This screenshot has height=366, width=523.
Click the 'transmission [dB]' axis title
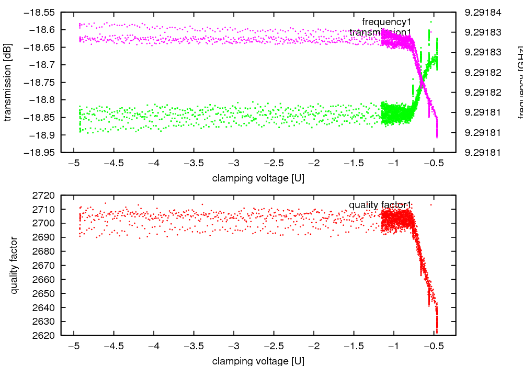tap(7, 82)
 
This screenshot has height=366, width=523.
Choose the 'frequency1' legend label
tap(386, 22)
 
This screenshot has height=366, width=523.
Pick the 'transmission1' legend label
tap(380, 33)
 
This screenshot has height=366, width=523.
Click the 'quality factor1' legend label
tap(380, 204)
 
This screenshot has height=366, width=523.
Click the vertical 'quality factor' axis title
tap(14, 265)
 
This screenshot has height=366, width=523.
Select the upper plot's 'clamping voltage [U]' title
tap(258, 178)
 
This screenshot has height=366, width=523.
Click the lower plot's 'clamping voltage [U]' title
tap(258, 361)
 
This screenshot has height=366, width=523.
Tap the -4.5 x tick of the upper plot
tap(113, 163)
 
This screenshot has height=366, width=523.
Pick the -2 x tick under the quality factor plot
tap(314, 346)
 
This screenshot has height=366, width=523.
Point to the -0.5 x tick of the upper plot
tap(435, 163)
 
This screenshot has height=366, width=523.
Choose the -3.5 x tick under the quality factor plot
tap(194, 346)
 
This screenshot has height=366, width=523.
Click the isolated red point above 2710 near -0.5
tap(431, 204)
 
